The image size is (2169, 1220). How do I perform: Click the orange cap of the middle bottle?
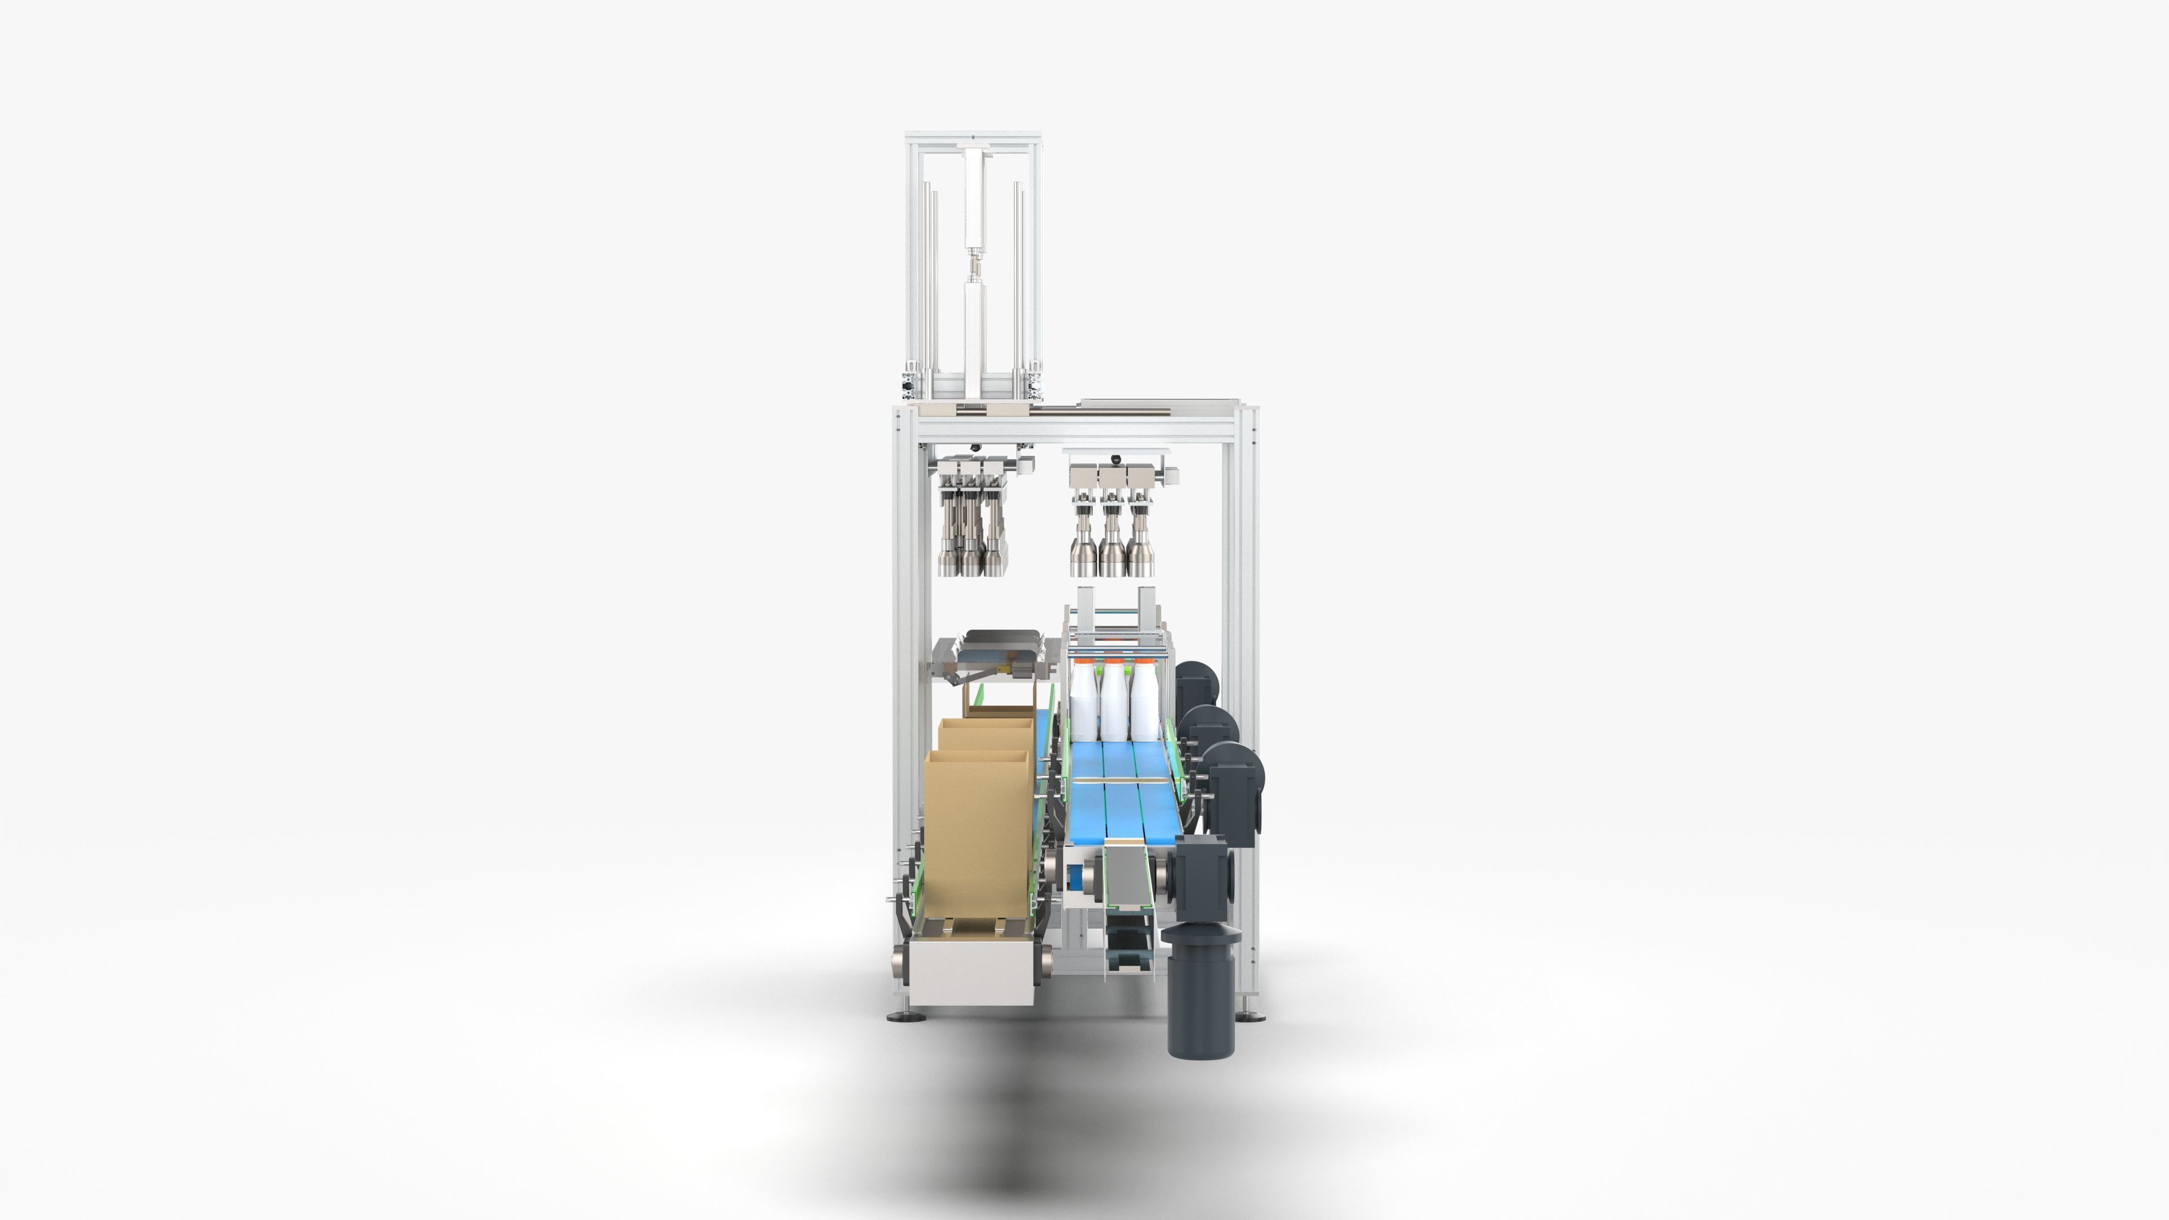[1114, 664]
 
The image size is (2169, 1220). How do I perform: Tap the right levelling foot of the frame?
[1252, 1014]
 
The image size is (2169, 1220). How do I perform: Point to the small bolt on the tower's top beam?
[973, 138]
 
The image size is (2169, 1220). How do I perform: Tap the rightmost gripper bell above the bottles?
[1141, 558]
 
